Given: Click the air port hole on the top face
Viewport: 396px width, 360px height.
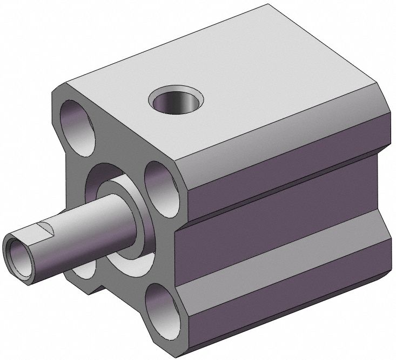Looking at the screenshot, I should (x=178, y=101).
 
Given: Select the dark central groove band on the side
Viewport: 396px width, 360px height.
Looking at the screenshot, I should (x=281, y=216).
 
